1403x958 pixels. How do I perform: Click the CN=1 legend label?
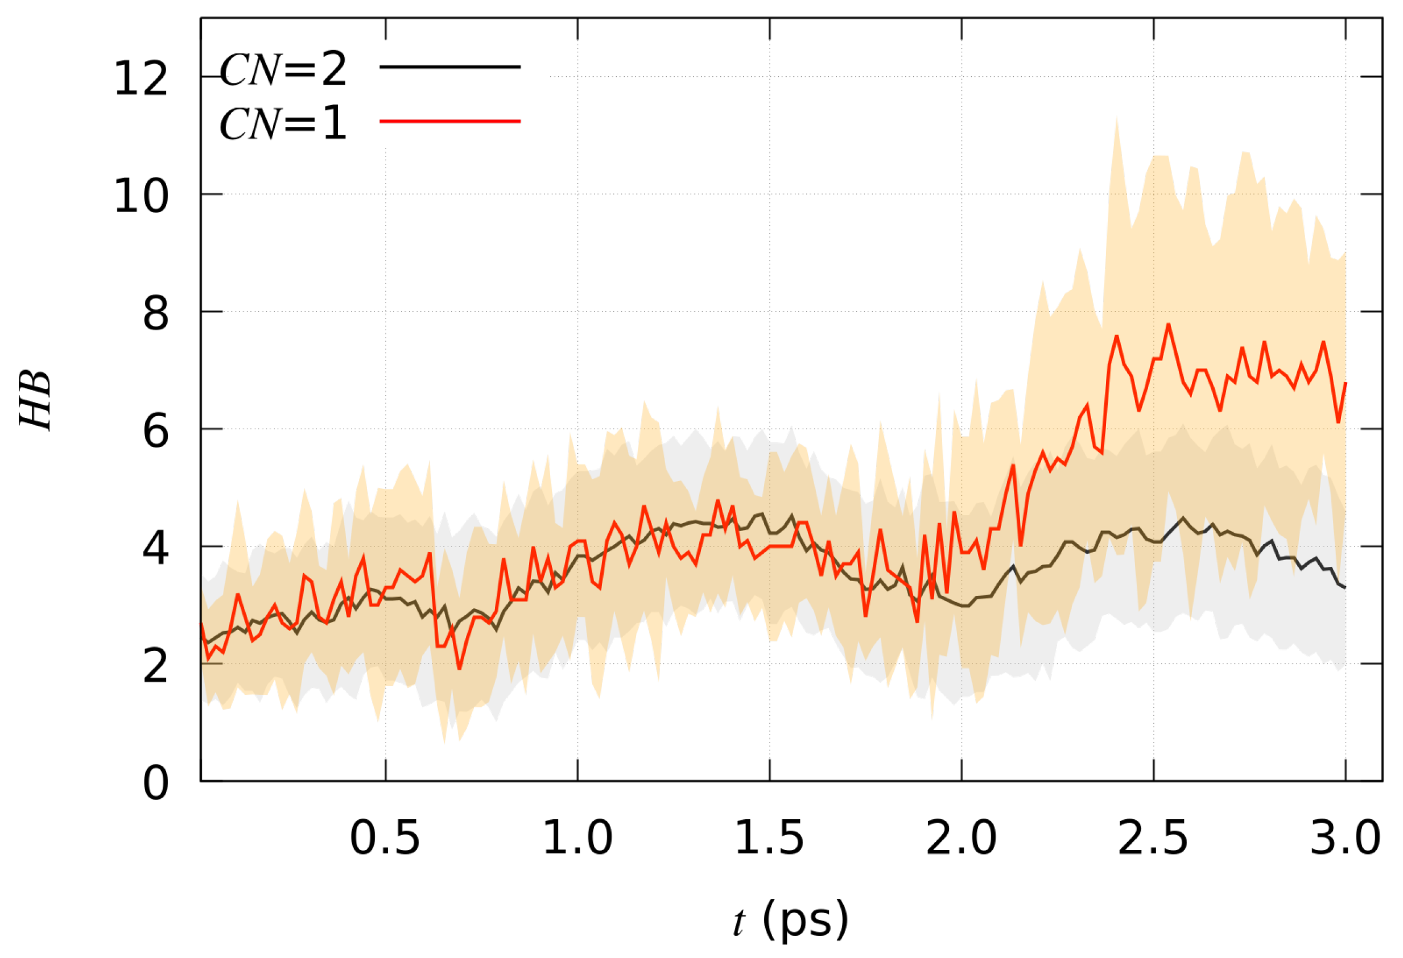coord(283,124)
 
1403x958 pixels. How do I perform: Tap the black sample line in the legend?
coord(450,67)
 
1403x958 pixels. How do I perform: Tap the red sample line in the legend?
coord(450,121)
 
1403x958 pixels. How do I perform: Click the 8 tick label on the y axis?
coord(155,314)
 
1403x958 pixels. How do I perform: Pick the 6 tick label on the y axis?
coord(155,432)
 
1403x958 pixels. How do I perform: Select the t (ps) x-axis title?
coord(791,920)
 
